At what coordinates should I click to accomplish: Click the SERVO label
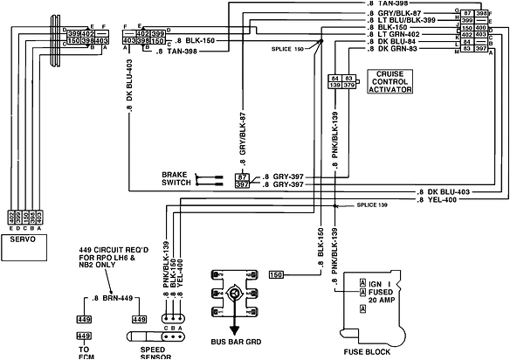coord(23,237)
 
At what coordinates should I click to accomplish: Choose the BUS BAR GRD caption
coord(234,342)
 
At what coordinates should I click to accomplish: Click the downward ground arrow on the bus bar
coord(233,322)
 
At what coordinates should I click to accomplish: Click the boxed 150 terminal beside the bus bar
coord(278,275)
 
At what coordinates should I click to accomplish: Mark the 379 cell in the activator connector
coord(349,86)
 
